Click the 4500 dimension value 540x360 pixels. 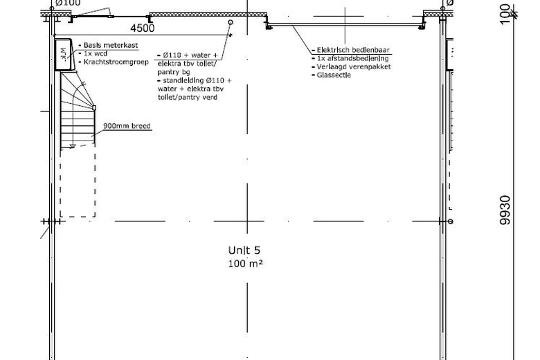142,28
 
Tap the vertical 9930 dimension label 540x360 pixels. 505,210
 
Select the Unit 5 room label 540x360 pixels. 244,250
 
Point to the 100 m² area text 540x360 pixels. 245,264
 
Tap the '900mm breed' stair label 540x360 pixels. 127,126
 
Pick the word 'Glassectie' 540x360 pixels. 334,75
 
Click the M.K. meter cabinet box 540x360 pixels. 63,55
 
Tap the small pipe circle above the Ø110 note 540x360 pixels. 231,22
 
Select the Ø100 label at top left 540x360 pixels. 68,3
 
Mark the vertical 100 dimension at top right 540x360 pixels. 505,14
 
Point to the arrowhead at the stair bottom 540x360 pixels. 72,146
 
